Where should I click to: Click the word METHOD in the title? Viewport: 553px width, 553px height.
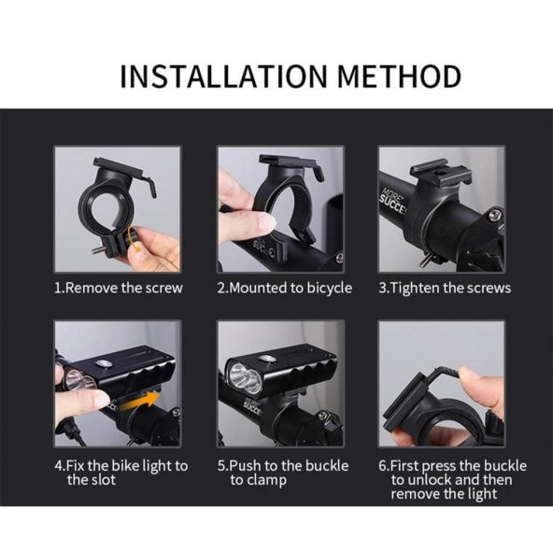pyautogui.click(x=400, y=77)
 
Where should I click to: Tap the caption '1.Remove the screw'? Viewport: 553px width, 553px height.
pyautogui.click(x=119, y=288)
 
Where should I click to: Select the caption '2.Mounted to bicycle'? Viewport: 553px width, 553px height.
pyautogui.click(x=285, y=289)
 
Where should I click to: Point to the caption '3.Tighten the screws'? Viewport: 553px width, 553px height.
pyautogui.click(x=445, y=288)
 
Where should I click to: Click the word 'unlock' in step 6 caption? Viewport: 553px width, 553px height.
pyautogui.click(x=429, y=479)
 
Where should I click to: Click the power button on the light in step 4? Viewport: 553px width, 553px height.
pyautogui.click(x=102, y=364)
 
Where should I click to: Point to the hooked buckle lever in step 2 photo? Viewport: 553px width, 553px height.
pyautogui.click(x=318, y=172)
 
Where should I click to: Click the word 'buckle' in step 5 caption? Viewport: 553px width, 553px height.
pyautogui.click(x=327, y=465)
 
